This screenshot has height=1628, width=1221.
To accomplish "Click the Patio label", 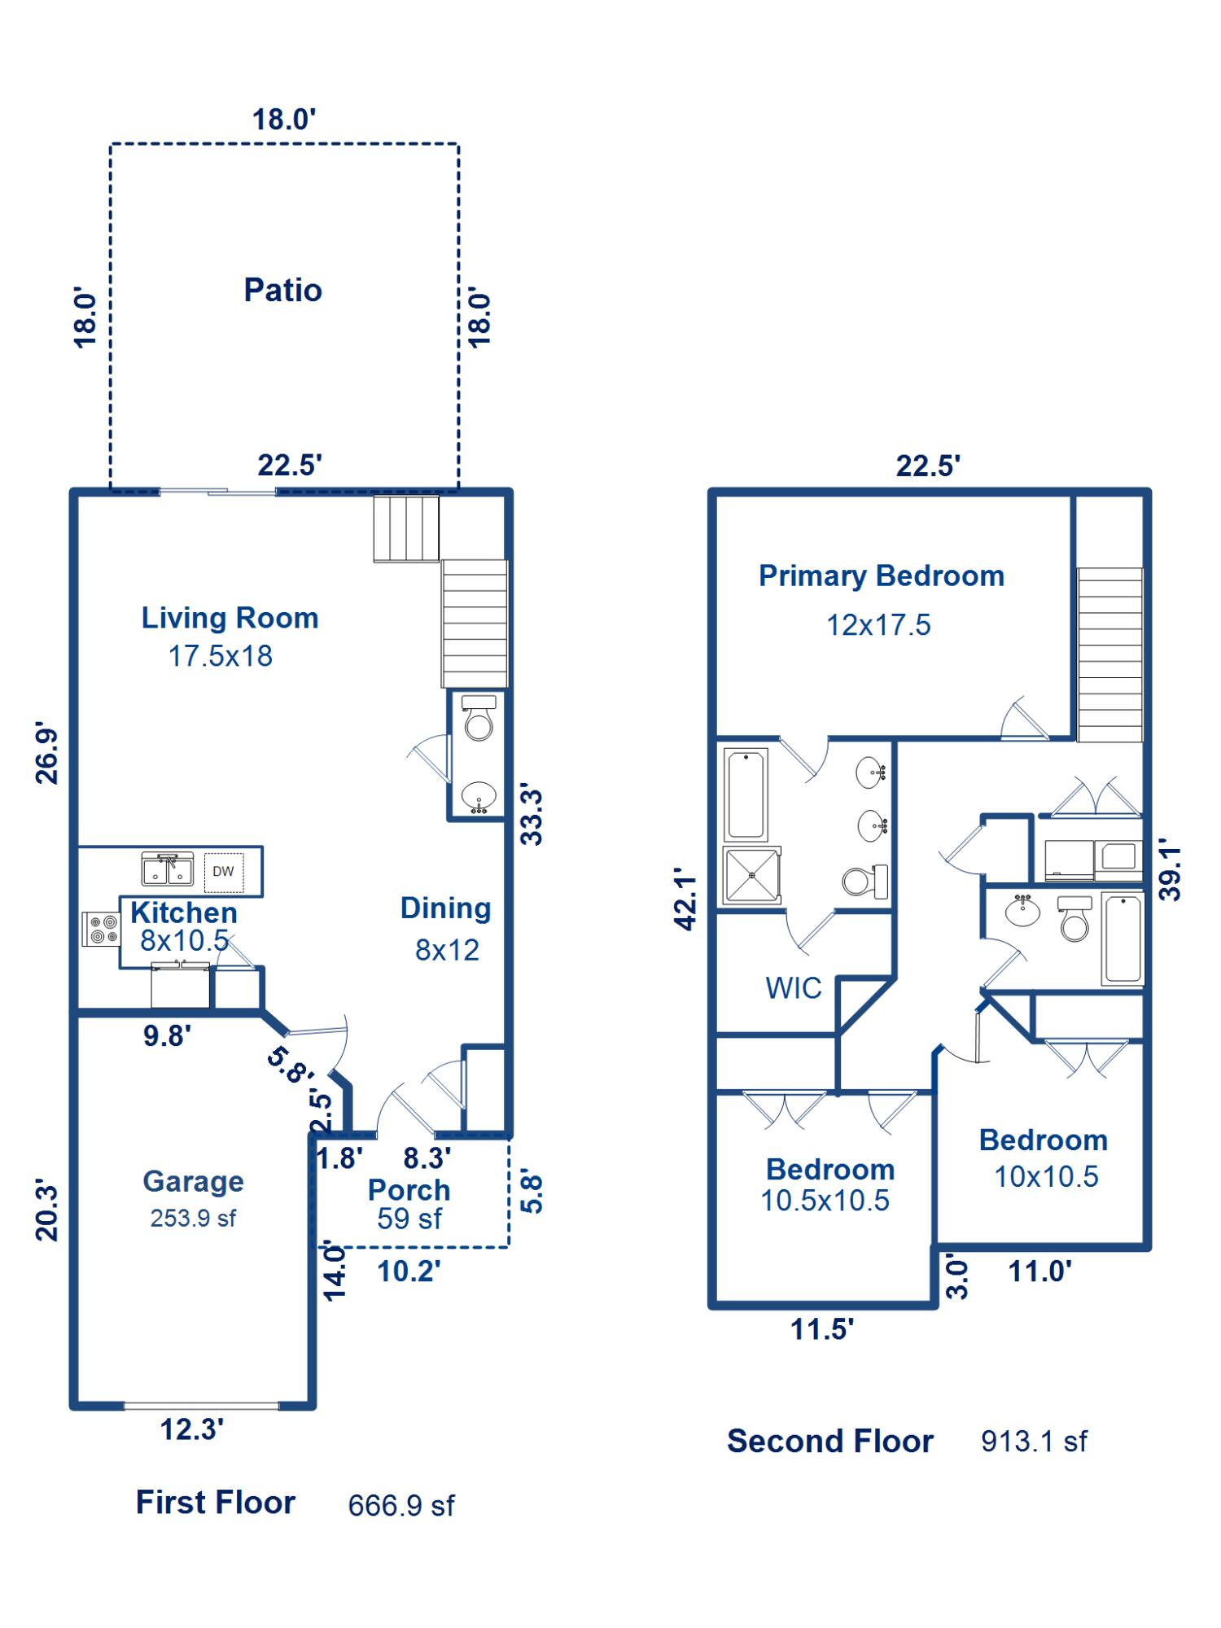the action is pos(282,290).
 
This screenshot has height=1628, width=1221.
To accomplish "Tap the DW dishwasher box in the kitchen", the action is pos(223,872).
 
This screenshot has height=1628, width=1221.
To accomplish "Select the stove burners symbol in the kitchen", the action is pos(101,929).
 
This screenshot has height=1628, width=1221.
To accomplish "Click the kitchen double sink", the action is pos(168,869).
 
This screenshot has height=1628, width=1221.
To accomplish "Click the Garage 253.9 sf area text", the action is pos(193,1219).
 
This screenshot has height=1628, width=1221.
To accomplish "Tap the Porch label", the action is pos(409,1189).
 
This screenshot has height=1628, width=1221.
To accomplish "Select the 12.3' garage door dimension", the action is pos(192,1429).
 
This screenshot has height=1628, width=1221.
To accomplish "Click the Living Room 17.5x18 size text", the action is pos(220,656).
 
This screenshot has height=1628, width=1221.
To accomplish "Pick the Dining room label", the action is pos(446,908).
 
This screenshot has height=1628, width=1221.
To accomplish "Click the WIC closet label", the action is pos(794,988).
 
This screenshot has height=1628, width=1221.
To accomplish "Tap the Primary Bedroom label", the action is pos(882,575).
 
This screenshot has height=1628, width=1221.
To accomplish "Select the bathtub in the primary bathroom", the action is pos(746,794).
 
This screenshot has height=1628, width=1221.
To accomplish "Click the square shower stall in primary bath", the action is pos(752,876).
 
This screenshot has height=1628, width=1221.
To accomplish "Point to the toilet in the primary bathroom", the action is pos(865,881).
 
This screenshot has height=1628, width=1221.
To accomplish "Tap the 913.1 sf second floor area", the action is pos(1034,1442).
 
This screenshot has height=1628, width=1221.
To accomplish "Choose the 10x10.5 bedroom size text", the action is pos(1046,1176).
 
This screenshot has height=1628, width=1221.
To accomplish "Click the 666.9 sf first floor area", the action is pos(401,1506).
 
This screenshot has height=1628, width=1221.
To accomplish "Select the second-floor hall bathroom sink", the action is pos(1022,910).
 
